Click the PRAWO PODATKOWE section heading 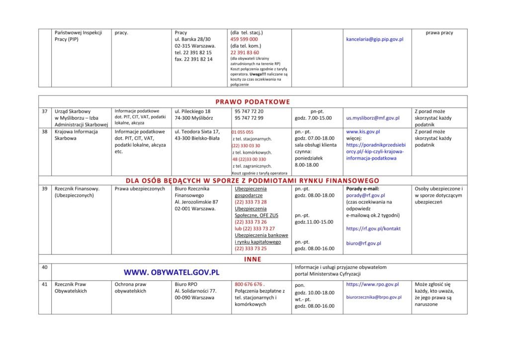253,102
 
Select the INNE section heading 253,259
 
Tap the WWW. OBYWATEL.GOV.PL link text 171,272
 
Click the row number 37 45,111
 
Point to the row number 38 45,132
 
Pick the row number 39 45,189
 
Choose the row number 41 45,284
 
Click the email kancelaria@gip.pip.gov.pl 375,39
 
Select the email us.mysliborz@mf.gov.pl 373,118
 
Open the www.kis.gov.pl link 363,132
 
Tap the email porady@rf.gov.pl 365,195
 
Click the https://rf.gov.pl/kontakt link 373,229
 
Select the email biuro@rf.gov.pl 363,243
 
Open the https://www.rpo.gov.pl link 372,284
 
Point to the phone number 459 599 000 244,39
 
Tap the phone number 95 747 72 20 249,111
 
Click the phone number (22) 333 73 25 251,249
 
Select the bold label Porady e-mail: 362,189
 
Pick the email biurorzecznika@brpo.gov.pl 374,297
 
